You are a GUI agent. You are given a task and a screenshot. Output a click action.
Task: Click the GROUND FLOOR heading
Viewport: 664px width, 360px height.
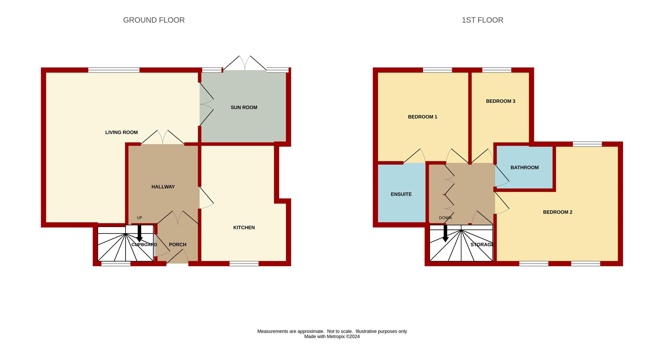(x=154, y=20)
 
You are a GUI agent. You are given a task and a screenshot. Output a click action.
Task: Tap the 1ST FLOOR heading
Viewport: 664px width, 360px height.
(x=482, y=20)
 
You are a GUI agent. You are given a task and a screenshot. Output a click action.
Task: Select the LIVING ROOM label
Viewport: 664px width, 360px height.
(x=121, y=132)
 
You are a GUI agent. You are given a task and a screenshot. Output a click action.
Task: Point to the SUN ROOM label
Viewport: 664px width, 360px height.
(x=244, y=108)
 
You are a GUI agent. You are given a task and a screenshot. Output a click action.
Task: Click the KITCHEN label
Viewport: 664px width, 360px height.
(x=244, y=228)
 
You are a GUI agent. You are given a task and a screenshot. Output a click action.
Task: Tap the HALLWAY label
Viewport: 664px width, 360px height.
(x=163, y=187)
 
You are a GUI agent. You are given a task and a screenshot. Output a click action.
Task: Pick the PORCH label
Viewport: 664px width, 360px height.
(x=177, y=244)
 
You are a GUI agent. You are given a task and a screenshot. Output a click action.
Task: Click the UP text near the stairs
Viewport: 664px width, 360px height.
(x=139, y=218)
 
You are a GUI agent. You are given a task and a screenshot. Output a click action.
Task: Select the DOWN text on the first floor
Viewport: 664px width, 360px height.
(x=445, y=218)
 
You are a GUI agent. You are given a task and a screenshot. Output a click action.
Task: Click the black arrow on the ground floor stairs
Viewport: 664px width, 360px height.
(x=139, y=233)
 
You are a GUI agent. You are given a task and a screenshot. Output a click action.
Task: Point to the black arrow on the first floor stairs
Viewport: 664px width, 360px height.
(x=445, y=233)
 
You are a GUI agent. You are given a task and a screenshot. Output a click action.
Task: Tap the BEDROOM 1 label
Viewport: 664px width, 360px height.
(x=423, y=117)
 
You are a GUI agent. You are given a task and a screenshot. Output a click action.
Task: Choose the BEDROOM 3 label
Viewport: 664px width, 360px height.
(x=500, y=101)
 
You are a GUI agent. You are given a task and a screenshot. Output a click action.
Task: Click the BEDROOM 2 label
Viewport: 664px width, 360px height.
(x=557, y=212)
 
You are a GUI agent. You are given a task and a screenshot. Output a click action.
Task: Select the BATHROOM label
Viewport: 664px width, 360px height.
(x=525, y=168)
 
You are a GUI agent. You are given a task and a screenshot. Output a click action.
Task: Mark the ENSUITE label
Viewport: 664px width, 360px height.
(x=401, y=194)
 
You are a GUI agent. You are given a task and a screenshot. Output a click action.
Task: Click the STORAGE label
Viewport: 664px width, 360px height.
(x=482, y=244)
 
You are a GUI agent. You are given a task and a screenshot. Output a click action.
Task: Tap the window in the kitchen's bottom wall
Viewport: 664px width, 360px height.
(x=244, y=264)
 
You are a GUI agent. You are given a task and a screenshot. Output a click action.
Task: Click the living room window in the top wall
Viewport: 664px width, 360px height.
(x=114, y=70)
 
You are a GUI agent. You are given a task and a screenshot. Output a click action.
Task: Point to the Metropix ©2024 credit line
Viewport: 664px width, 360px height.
(x=332, y=336)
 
